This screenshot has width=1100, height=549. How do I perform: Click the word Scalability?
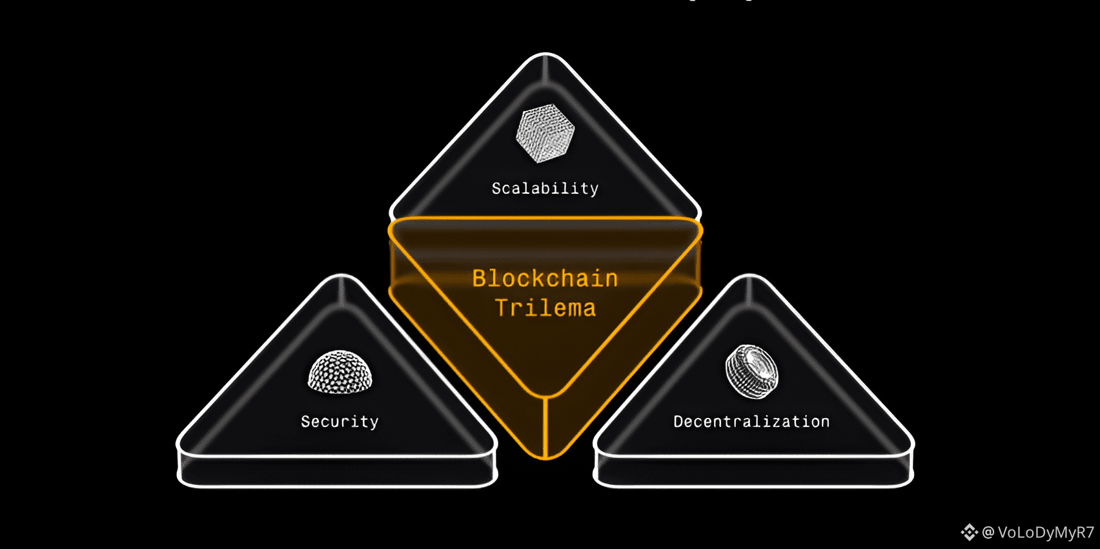[x=545, y=189]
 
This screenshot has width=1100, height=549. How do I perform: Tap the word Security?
[x=340, y=422]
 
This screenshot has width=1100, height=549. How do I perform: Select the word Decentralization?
[x=751, y=422]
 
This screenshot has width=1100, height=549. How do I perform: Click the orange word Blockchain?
[x=545, y=278]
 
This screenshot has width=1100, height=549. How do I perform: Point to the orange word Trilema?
[x=545, y=308]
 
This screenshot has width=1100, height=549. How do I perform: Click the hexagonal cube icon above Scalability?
[x=545, y=133]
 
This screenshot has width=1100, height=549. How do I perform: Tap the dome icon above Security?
[x=340, y=373]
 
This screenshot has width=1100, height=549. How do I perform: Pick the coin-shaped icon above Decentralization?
[x=751, y=371]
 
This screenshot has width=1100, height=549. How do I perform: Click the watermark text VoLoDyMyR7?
[x=1046, y=532]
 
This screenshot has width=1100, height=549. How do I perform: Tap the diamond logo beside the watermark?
[x=969, y=532]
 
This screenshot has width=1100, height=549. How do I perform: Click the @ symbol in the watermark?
[x=988, y=532]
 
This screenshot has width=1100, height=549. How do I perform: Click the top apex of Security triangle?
[x=341, y=276]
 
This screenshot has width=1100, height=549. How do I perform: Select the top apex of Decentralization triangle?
[x=749, y=276]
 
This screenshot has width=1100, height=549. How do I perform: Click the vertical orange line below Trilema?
[x=545, y=426]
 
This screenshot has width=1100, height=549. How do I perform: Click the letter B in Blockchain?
[x=480, y=278]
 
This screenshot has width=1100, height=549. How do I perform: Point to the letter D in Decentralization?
[x=678, y=422]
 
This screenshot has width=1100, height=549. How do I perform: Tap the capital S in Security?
[x=306, y=422]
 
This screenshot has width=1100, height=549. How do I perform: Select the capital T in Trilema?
[x=502, y=308]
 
